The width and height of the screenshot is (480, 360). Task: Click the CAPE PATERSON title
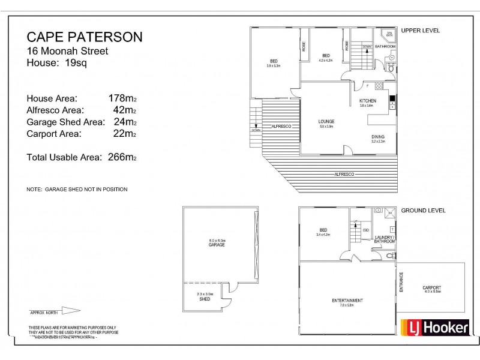coord(85,37)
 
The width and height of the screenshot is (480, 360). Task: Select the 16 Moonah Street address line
coord(68,52)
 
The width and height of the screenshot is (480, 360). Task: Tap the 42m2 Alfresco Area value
coord(125,110)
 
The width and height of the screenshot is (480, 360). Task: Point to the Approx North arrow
coord(55,311)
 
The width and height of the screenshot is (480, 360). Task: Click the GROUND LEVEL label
coord(422,211)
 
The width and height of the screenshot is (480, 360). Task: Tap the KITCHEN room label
coord(367,100)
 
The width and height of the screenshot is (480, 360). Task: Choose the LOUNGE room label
coord(326,122)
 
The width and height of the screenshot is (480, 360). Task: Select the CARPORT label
coord(431,287)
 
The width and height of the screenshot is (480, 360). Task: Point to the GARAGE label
coord(217,245)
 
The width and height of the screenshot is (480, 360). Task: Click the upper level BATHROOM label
coord(385,46)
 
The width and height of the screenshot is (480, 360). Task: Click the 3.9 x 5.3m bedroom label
coord(274,63)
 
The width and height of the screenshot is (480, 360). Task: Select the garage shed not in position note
coord(77,189)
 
